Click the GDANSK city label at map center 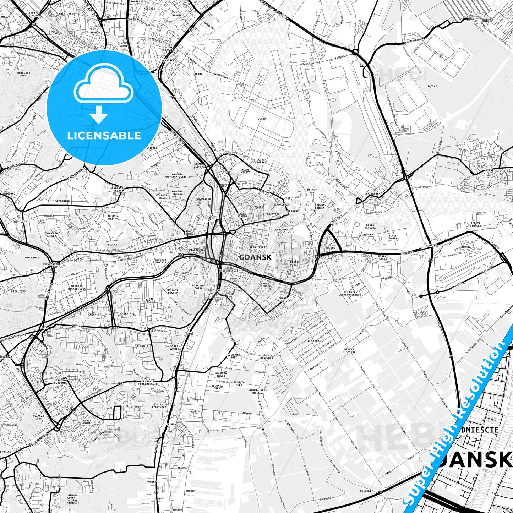[x=255, y=257]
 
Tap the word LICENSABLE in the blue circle [x=104, y=135]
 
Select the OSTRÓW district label [x=262, y=119]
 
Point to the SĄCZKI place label [x=432, y=86]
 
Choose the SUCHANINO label [x=62, y=201]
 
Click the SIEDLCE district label [x=112, y=244]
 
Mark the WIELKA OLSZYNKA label [x=349, y=350]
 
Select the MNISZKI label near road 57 [x=365, y=491]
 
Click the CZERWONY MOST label [x=234, y=356]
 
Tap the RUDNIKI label [x=431, y=245]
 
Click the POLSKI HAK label [x=312, y=191]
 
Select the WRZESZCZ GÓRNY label [x=24, y=74]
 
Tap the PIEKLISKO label [x=18, y=291]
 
